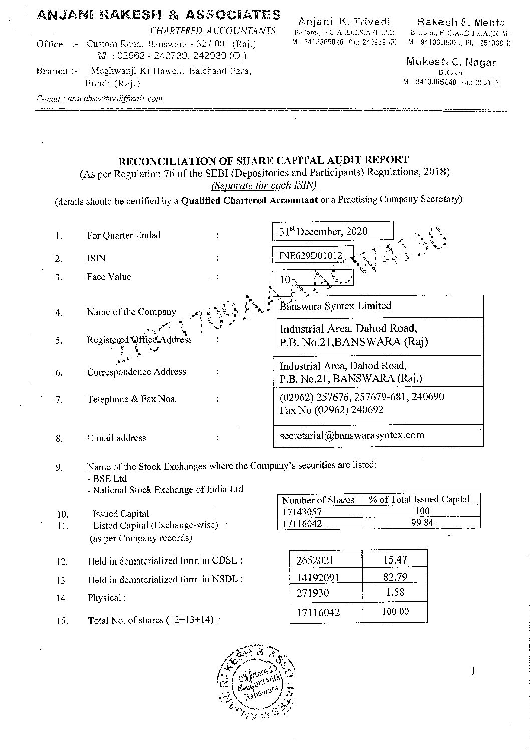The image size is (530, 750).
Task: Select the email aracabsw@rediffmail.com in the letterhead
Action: point(99,99)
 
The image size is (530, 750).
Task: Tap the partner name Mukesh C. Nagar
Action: point(451,62)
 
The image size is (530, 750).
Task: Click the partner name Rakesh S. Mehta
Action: point(461,22)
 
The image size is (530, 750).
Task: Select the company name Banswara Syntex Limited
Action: point(335,306)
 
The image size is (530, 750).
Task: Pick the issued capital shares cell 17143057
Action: point(302,512)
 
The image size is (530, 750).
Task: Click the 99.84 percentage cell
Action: point(422,523)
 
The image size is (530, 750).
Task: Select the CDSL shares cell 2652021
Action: point(315,560)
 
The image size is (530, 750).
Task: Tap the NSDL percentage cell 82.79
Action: point(395,577)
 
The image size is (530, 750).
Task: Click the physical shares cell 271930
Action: point(313,593)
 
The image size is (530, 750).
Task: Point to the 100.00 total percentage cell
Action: point(395,611)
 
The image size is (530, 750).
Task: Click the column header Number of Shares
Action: point(318,500)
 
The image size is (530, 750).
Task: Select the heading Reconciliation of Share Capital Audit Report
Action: point(263,160)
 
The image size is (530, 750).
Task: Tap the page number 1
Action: point(473,671)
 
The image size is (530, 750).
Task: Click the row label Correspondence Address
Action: point(136,372)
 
